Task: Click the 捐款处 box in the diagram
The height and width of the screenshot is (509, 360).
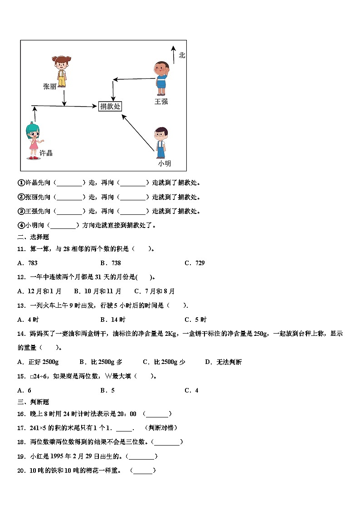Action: pos(110,106)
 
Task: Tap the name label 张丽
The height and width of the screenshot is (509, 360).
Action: pos(49,86)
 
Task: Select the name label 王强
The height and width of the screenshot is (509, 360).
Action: pos(161,102)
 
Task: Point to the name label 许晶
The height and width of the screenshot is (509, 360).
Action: pos(46,153)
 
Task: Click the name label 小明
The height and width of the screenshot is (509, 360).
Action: pos(164,164)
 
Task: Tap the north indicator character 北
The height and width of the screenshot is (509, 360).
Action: pos(182,55)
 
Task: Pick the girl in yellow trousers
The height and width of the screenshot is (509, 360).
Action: pos(61,71)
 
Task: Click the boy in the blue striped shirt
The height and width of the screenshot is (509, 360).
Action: pos(161,78)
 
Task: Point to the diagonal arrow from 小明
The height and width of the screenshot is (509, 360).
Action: pos(138,132)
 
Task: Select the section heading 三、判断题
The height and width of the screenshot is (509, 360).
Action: pos(33,402)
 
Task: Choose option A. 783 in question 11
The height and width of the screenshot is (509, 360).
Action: pos(27,263)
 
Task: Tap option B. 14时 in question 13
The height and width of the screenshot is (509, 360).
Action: pos(109,319)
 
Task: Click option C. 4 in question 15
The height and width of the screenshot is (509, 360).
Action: pos(191,390)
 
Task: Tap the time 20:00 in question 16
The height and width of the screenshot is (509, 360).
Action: pos(126,414)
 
